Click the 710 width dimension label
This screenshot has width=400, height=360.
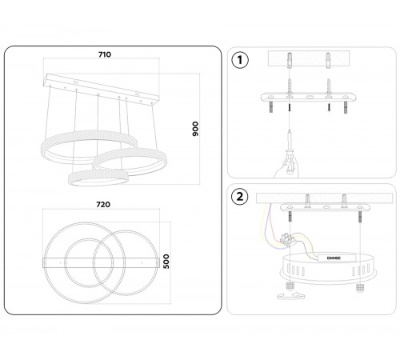(105, 54)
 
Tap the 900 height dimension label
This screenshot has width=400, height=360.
(195, 129)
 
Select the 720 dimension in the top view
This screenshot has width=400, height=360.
(103, 205)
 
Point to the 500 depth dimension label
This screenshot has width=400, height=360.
(166, 262)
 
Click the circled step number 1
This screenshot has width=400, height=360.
(240, 60)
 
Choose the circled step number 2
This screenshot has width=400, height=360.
(240, 197)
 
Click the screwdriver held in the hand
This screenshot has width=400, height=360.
(290, 150)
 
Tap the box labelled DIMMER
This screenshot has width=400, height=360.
(337, 258)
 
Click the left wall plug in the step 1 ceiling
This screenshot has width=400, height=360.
(290, 60)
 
